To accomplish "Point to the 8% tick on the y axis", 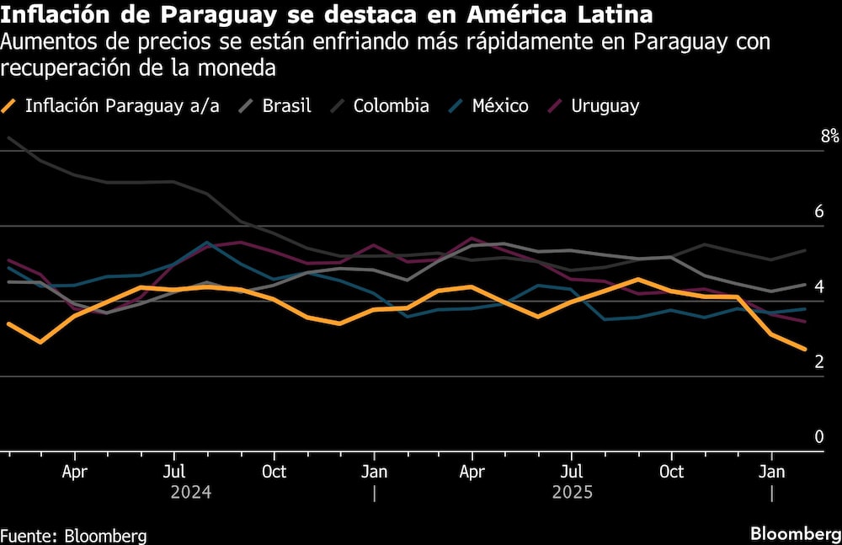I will click(830, 136).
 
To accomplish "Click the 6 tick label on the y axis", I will click(818, 211).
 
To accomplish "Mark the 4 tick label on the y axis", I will click(818, 286).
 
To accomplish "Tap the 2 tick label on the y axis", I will click(818, 361).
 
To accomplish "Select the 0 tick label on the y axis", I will click(818, 436).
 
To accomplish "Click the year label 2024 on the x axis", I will click(190, 492).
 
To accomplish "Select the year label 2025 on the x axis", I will click(572, 492).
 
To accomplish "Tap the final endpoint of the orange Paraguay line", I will click(805, 350).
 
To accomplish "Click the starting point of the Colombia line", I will click(8, 138).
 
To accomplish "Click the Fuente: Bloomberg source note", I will click(73, 535).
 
